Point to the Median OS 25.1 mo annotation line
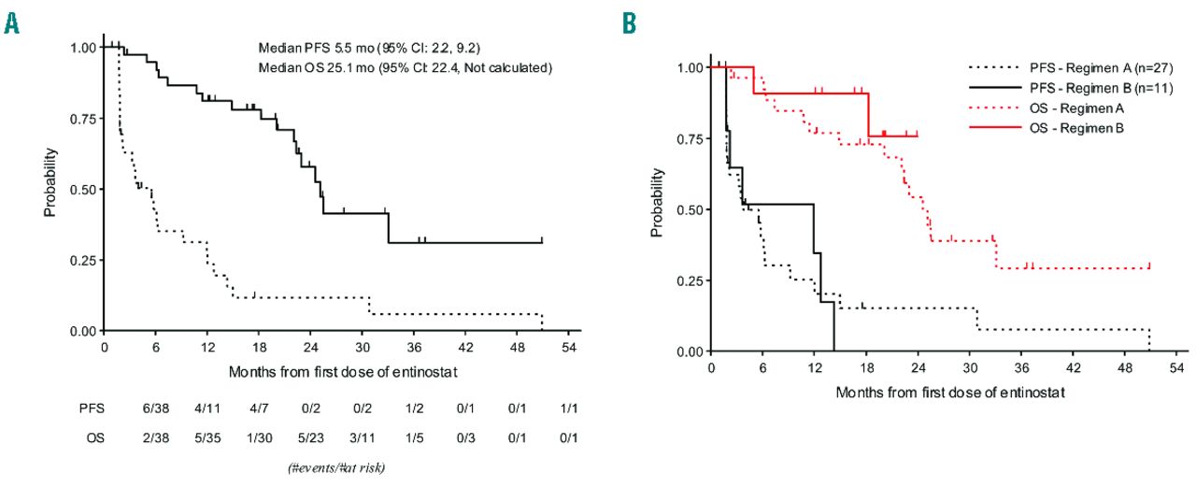pyautogui.click(x=405, y=66)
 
